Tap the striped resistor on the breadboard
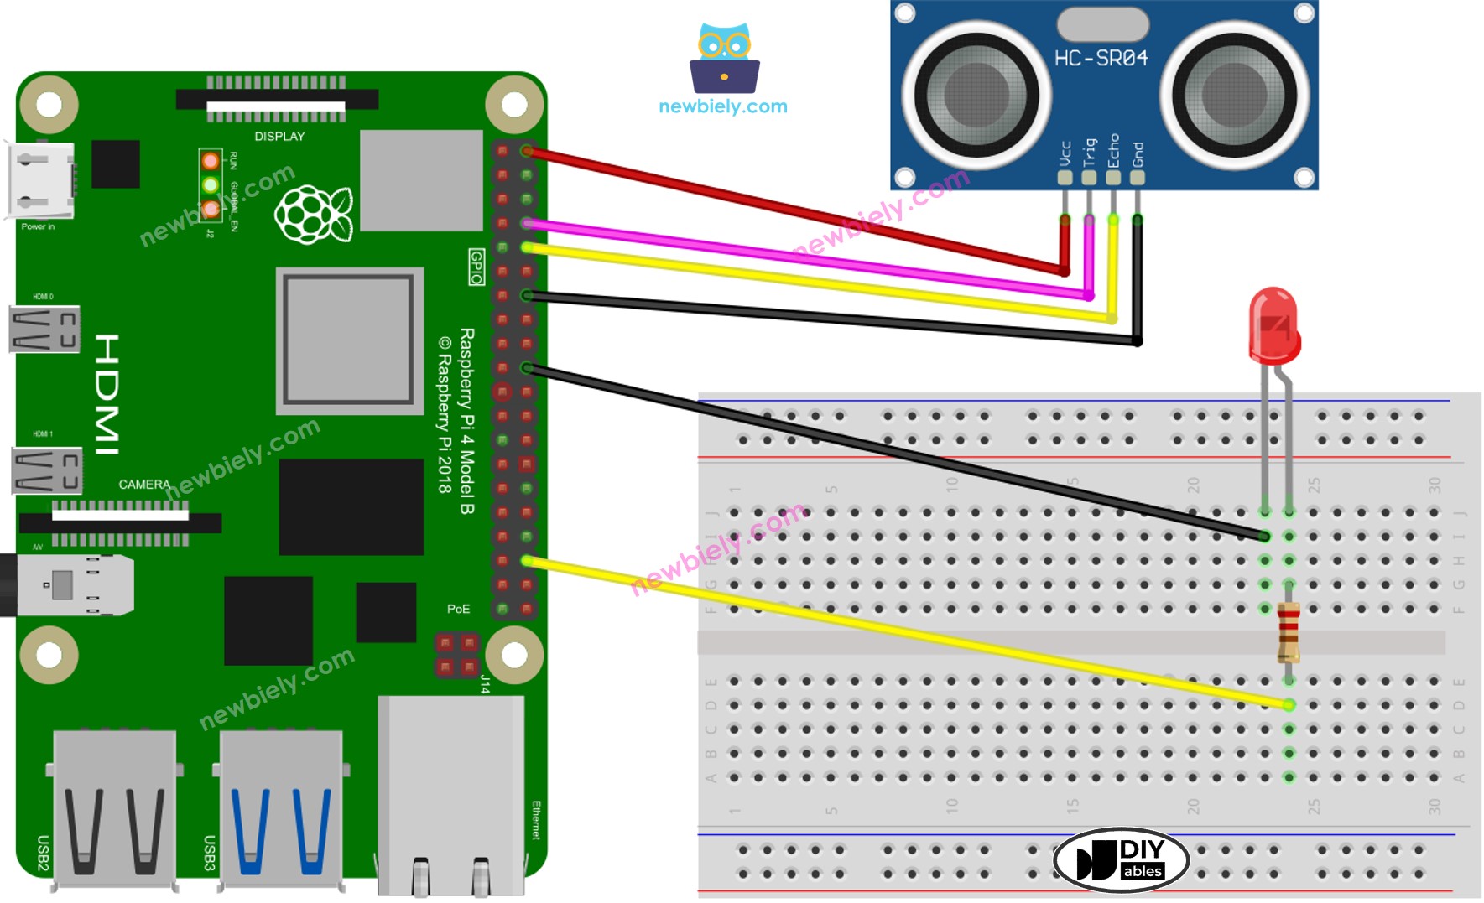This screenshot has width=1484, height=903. [1289, 633]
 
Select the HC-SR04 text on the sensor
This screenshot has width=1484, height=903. [1101, 58]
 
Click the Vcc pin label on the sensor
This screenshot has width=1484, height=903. [1065, 153]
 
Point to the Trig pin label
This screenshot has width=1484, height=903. [1089, 152]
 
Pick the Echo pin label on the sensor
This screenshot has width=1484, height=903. [1113, 150]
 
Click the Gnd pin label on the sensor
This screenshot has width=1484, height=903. [1138, 153]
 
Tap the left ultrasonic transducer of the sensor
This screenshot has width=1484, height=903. [976, 94]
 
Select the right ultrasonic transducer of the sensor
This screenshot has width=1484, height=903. [1234, 94]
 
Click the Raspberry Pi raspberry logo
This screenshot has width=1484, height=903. [314, 214]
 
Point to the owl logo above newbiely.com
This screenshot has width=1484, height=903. [725, 59]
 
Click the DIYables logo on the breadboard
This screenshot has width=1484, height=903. [1121, 859]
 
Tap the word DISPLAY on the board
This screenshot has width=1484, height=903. [279, 136]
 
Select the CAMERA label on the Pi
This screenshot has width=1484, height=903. [144, 485]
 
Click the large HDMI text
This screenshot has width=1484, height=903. [107, 394]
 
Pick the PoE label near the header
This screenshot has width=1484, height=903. [458, 609]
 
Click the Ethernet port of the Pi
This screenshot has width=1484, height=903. [451, 792]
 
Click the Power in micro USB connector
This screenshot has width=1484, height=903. [41, 180]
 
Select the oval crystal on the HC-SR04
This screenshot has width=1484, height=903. [1102, 23]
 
